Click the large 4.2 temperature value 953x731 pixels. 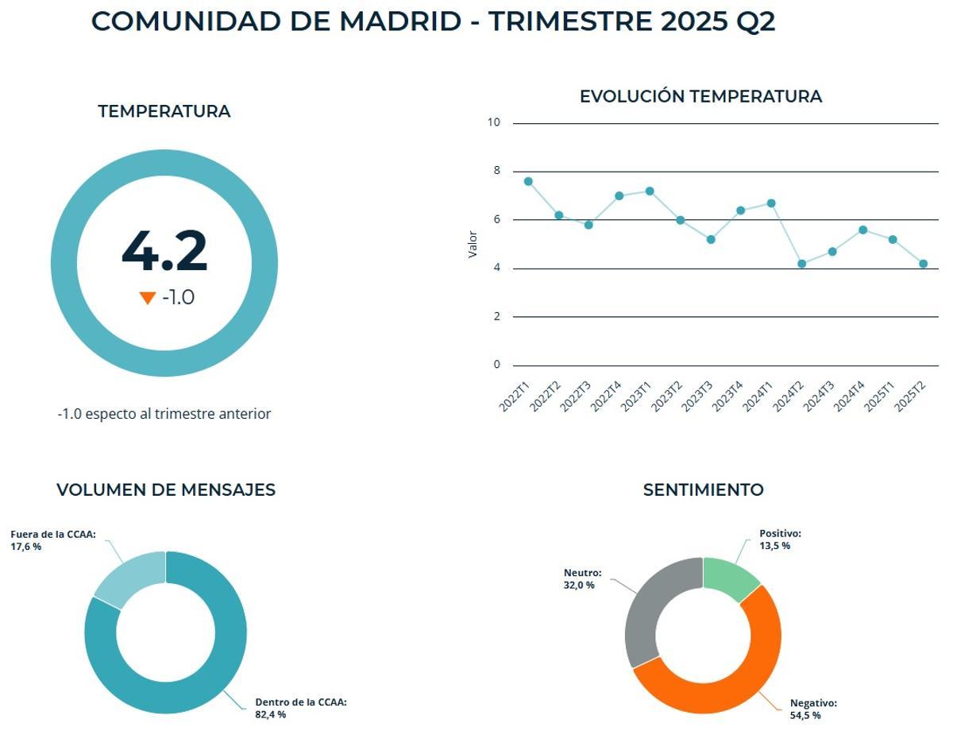click(164, 251)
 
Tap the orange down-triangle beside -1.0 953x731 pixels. click(147, 298)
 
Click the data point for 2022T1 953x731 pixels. click(528, 181)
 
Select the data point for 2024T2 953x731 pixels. click(801, 264)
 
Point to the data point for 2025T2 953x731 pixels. click(923, 264)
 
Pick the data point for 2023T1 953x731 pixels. click(650, 191)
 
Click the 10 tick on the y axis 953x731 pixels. click(494, 122)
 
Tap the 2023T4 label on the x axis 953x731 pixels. click(727, 396)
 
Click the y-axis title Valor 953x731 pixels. click(473, 244)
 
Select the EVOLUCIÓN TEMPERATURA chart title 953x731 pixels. click(700, 96)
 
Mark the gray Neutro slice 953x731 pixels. click(647, 612)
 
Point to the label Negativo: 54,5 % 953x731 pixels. click(813, 709)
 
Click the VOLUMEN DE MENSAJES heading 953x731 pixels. click(166, 489)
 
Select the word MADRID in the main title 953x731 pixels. click(400, 21)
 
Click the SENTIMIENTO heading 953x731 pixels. click(703, 489)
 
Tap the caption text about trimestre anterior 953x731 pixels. click(164, 414)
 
